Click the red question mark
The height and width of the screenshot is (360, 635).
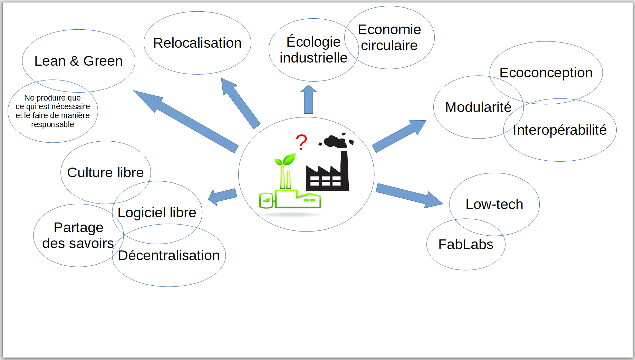(x=301, y=142)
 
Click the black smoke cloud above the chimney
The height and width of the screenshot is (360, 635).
(x=336, y=140)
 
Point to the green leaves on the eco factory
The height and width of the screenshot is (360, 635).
(x=285, y=160)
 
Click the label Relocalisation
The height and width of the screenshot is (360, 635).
(x=197, y=43)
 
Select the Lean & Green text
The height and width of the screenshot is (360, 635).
(x=78, y=61)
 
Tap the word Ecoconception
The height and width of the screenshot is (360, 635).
(x=546, y=73)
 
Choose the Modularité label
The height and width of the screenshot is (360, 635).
(x=478, y=107)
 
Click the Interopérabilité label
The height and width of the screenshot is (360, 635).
(x=560, y=130)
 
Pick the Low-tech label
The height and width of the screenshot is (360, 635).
(x=494, y=204)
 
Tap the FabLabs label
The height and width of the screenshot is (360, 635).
(x=466, y=244)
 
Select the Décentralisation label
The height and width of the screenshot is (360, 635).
(x=169, y=255)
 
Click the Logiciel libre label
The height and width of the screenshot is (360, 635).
(x=157, y=213)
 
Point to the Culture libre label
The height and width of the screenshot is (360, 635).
(x=105, y=172)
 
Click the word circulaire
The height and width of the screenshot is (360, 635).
(x=389, y=45)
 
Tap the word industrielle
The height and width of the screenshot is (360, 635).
(x=314, y=58)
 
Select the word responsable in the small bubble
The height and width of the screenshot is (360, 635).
(x=52, y=124)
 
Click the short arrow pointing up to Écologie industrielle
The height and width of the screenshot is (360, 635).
(x=308, y=99)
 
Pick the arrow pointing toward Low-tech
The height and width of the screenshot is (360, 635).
(x=410, y=196)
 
